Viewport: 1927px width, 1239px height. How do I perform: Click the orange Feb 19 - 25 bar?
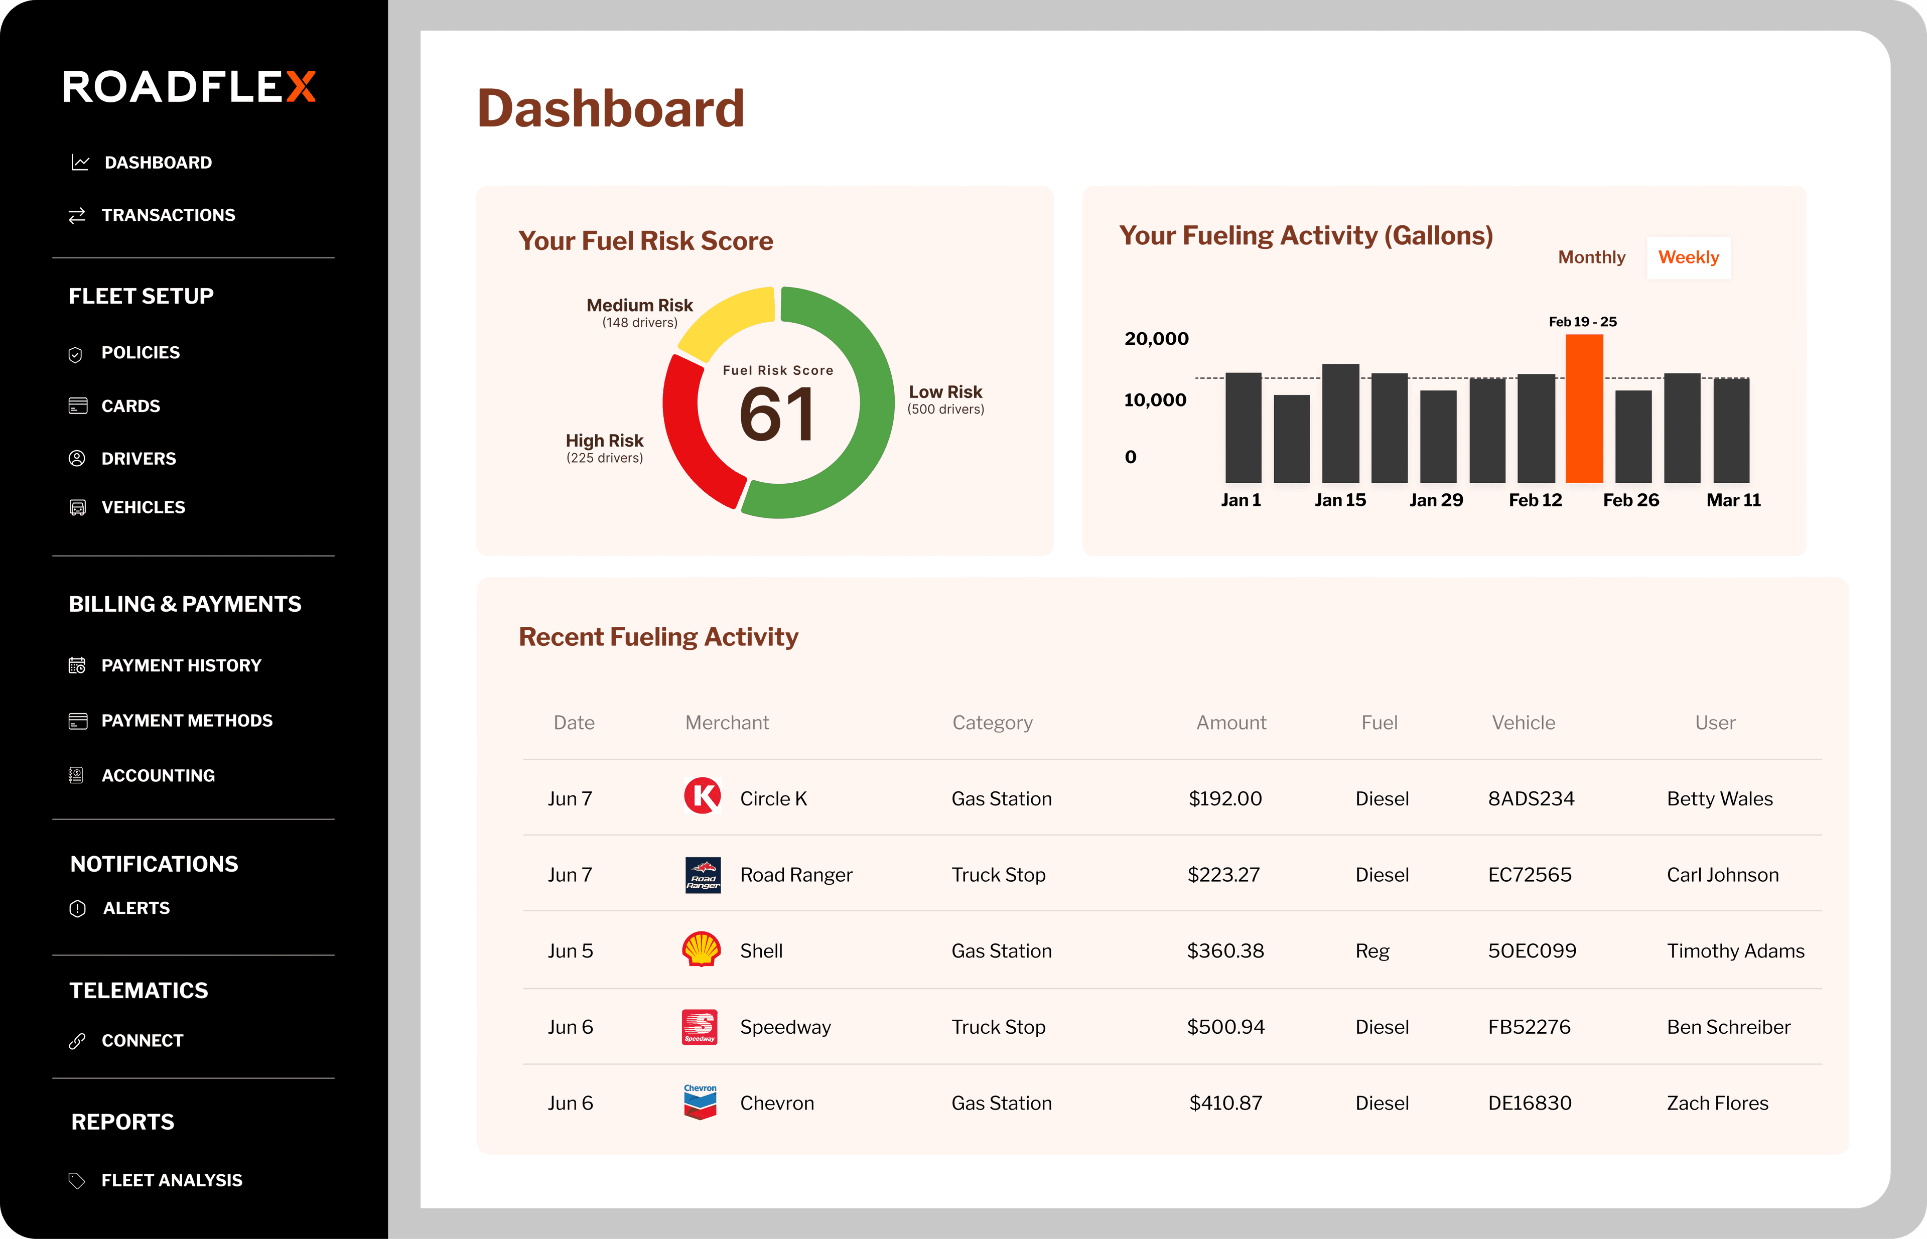(1583, 408)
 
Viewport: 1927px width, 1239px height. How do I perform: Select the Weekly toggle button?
(1688, 257)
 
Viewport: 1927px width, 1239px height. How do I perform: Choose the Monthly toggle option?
(1591, 257)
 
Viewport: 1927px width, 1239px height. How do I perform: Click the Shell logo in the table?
(701, 949)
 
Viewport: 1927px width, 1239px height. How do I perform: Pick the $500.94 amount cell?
(1225, 1027)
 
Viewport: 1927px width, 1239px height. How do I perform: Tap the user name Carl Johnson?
(1722, 875)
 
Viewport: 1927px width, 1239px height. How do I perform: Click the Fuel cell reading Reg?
(1372, 951)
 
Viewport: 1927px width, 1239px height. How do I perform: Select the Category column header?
(992, 723)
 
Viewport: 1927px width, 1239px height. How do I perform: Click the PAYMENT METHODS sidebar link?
(187, 720)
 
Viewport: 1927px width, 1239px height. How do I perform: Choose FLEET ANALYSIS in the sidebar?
(172, 1180)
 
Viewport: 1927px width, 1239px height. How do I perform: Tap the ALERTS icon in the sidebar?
(77, 908)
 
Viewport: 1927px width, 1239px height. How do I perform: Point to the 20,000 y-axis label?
(1156, 339)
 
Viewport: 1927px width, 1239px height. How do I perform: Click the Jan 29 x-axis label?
(1435, 500)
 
